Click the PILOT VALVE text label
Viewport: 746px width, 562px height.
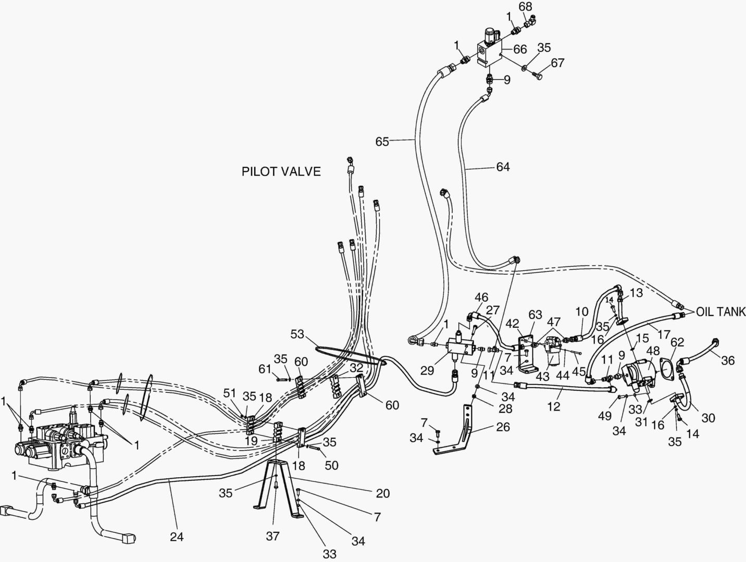pyautogui.click(x=281, y=172)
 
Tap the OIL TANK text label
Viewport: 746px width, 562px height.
pyautogui.click(x=722, y=312)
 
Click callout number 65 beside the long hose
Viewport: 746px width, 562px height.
pyautogui.click(x=382, y=141)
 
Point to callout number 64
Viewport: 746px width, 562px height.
pyautogui.click(x=503, y=167)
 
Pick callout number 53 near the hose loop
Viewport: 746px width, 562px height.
pyautogui.click(x=298, y=334)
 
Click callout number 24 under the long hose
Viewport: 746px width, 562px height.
pyautogui.click(x=177, y=537)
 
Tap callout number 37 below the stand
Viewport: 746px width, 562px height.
pyautogui.click(x=273, y=537)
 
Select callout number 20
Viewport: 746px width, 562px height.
pyautogui.click(x=383, y=493)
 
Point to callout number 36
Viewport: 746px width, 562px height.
pyautogui.click(x=728, y=360)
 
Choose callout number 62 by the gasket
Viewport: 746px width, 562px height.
pyautogui.click(x=677, y=342)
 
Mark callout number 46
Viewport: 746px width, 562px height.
pyautogui.click(x=481, y=298)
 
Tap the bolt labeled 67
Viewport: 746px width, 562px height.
pyautogui.click(x=538, y=76)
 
